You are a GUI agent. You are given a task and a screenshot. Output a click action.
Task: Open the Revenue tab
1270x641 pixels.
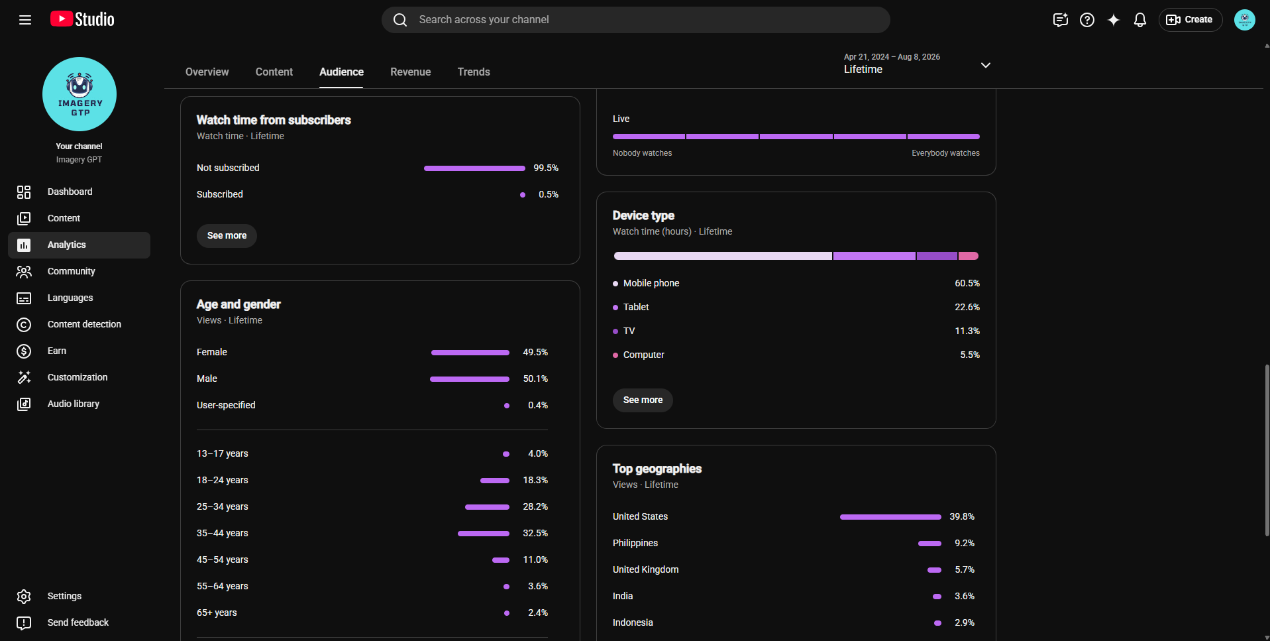410,72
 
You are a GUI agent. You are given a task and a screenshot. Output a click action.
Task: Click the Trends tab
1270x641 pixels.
474,72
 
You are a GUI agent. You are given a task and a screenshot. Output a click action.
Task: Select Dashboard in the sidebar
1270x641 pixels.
70,192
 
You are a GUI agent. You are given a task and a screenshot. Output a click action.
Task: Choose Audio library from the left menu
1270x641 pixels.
74,404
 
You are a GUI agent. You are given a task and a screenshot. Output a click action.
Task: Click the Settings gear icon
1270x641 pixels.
24,597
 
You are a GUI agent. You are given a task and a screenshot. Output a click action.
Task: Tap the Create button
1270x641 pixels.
1190,20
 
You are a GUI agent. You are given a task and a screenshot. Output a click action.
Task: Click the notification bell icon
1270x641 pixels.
1139,20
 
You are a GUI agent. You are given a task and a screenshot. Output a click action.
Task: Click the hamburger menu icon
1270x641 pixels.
25,20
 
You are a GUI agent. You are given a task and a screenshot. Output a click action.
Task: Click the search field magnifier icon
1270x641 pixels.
400,20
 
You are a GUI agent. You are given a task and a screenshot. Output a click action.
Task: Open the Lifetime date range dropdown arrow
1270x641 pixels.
986,65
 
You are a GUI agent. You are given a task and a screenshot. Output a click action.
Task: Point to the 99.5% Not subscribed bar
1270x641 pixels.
474,168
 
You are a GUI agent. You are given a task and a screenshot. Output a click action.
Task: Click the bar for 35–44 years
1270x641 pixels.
484,534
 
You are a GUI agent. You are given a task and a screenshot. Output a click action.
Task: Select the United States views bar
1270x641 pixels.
890,517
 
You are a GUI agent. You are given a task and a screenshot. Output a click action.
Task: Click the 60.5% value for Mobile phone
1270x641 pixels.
967,283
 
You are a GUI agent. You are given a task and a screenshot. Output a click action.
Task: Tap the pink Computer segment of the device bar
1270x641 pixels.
969,256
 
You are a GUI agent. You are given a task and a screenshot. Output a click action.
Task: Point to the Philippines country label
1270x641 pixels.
635,543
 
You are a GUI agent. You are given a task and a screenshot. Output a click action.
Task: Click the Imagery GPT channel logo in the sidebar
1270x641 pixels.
79,94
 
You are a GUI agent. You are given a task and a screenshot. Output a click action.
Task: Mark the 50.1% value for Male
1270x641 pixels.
535,379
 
